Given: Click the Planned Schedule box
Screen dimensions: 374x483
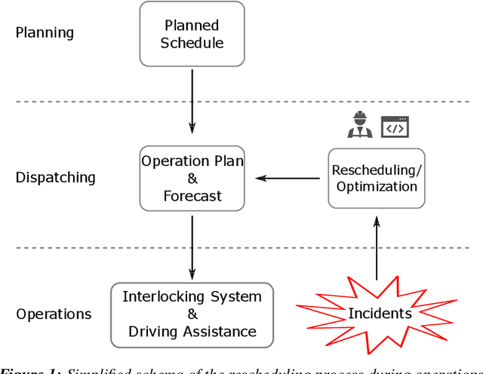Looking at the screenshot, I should (192, 33).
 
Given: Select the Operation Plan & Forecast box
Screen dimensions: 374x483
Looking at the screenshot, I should (192, 178).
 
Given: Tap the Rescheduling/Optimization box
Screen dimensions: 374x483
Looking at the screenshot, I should (376, 178).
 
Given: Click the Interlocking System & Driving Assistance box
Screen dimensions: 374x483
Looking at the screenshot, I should (192, 314).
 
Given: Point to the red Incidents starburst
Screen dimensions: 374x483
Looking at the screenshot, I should (375, 313).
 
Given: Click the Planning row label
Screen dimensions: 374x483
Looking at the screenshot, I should (45, 33).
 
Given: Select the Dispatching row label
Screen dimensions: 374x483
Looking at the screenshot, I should (56, 178).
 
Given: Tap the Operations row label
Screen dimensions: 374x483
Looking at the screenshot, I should (54, 314).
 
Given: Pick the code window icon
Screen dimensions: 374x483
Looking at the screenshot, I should (394, 127).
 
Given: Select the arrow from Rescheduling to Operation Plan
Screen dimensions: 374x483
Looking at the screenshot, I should (287, 179).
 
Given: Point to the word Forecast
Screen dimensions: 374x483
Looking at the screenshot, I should (192, 196).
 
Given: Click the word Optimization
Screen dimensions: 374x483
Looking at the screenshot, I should (376, 186).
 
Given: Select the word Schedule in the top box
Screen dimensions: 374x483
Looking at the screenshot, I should (192, 43).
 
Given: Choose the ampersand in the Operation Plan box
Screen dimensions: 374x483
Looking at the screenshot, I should (192, 179).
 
